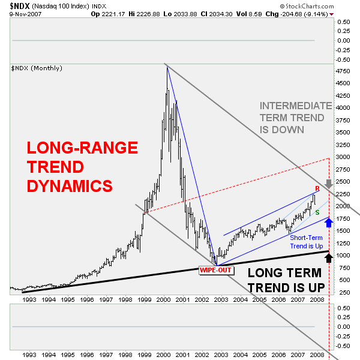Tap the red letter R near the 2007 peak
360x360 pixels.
click(x=317, y=188)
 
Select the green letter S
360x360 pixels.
click(x=317, y=213)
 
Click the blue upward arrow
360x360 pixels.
click(x=328, y=223)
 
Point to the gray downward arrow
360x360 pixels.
click(x=328, y=184)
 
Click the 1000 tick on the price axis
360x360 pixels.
click(x=343, y=256)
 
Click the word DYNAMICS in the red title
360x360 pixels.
click(x=70, y=186)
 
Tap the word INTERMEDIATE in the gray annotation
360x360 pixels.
click(x=295, y=106)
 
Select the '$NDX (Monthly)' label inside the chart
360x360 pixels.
click(x=36, y=68)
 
